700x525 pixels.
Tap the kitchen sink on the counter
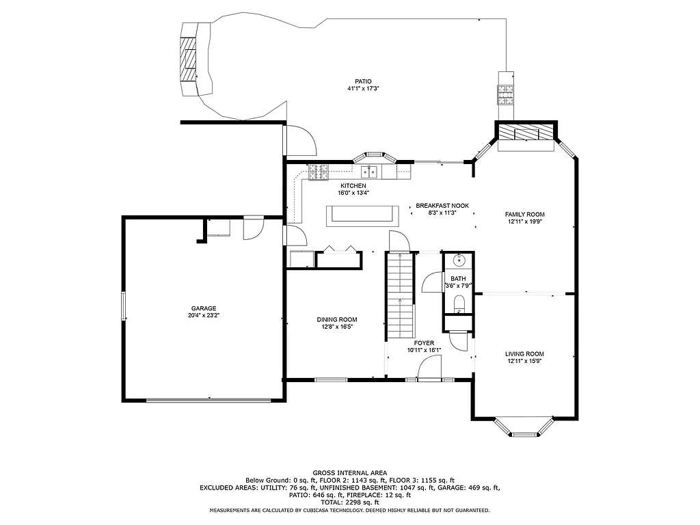(370, 171)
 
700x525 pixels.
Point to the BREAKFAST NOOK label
(442, 206)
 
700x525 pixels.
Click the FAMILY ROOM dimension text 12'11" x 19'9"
(525, 221)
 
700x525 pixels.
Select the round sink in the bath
(457, 260)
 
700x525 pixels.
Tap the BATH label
(457, 279)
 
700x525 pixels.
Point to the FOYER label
(424, 342)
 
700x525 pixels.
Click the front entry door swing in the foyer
(428, 369)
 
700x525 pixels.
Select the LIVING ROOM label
(524, 353)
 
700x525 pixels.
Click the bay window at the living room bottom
(524, 427)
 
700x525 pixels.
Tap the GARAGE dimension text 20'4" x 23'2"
(203, 316)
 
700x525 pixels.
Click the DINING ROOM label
(336, 319)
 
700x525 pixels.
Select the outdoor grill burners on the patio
(506, 93)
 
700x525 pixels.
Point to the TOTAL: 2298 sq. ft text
(349, 502)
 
